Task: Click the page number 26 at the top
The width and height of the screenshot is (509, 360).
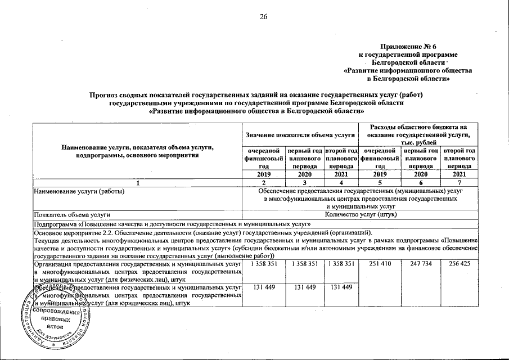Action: [x=263, y=16]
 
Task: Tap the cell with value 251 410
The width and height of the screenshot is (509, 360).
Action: [x=380, y=263]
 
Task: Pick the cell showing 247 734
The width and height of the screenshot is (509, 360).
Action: [x=420, y=263]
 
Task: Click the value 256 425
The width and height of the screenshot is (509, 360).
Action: [x=460, y=263]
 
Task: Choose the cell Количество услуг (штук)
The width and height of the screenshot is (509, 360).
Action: [x=360, y=215]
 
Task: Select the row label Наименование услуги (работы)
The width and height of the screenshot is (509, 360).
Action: [x=79, y=191]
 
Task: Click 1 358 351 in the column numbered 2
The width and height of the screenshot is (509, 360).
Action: [x=263, y=263]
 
